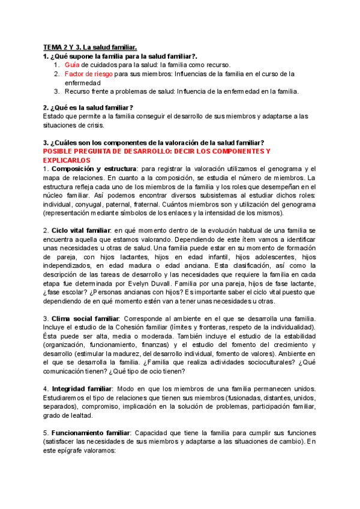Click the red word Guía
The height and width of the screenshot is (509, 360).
click(73, 64)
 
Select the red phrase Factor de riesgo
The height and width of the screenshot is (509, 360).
click(88, 73)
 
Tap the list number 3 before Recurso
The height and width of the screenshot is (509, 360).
click(56, 91)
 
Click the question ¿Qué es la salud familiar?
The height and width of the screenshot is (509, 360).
click(88, 107)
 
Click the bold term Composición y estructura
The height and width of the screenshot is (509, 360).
click(93, 169)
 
